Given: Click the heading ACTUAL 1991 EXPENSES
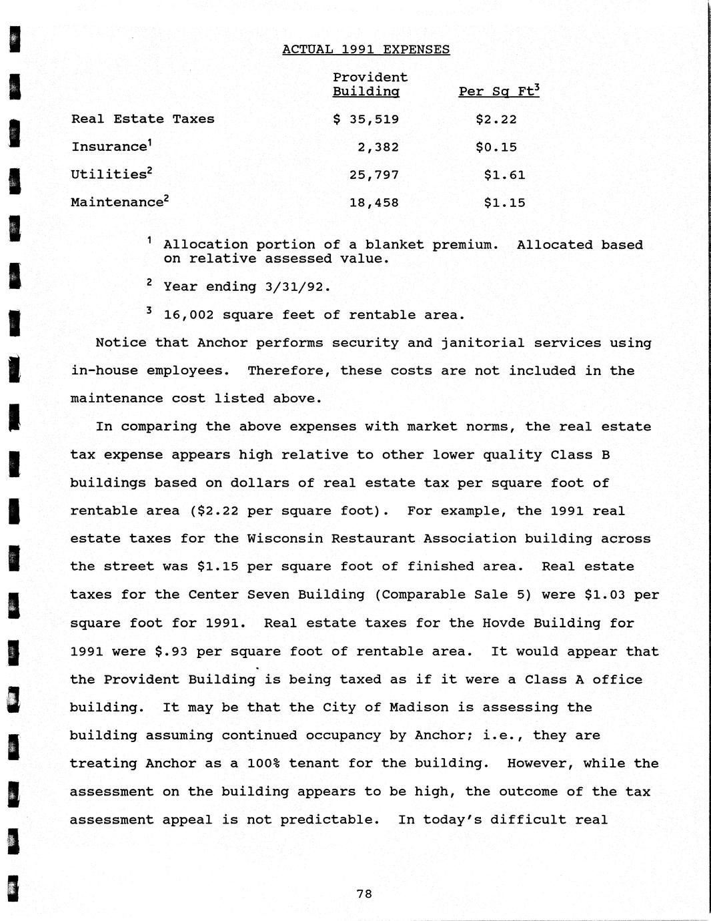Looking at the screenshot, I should [366, 49].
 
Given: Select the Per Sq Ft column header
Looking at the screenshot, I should [498, 91].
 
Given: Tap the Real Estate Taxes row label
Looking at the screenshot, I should [143, 119].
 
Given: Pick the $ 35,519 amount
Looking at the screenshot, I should [366, 119].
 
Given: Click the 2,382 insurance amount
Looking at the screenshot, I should [378, 147].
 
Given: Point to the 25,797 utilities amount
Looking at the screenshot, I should [374, 176].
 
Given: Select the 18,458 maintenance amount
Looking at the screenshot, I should [374, 203].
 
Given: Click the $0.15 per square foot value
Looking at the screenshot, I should [496, 147].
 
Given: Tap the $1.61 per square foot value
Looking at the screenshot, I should [505, 176].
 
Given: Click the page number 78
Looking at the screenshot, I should [364, 894].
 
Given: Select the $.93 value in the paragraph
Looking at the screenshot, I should [171, 651].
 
